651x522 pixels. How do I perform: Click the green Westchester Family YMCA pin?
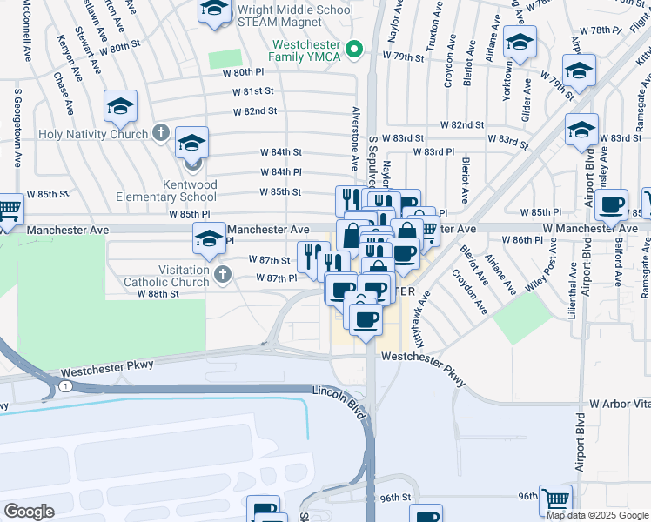[x=354, y=50]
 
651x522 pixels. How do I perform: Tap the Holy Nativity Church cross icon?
[x=159, y=132]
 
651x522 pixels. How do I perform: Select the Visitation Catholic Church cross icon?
[x=223, y=274]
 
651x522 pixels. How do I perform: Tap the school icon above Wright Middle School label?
[x=214, y=11]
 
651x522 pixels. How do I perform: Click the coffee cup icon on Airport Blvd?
[x=612, y=204]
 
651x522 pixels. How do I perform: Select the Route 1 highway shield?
[x=64, y=385]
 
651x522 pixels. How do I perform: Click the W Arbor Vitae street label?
[x=620, y=405]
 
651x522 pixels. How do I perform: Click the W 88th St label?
[x=157, y=294]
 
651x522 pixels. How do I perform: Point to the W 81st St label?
[x=253, y=91]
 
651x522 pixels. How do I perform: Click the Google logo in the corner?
[x=29, y=512]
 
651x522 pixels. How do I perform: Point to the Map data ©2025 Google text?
[x=597, y=514]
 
